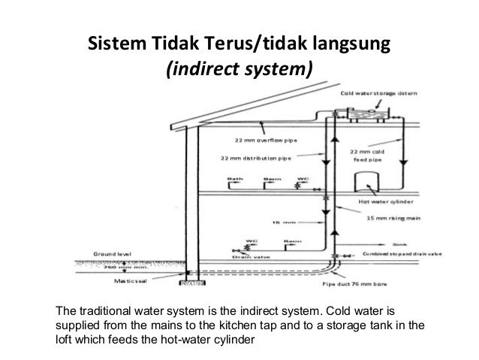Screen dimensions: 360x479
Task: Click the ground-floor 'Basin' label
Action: pyautogui.click(x=291, y=241)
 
